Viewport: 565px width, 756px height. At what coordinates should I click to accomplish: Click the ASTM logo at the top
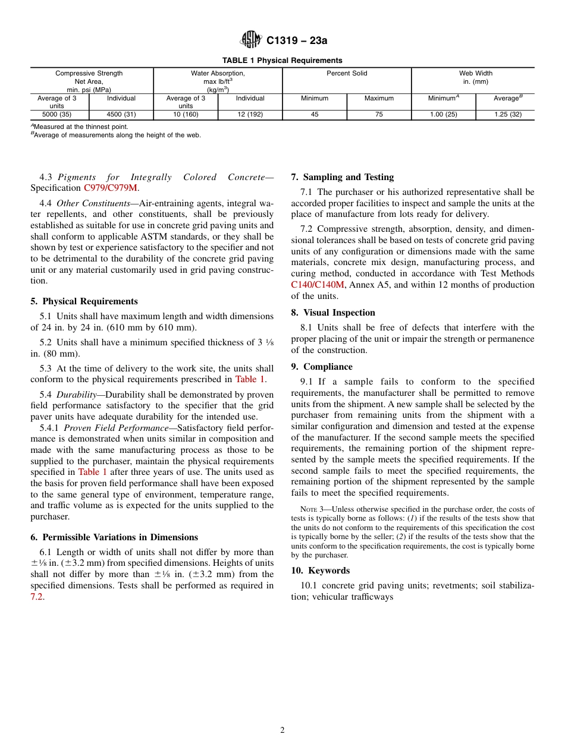(250, 40)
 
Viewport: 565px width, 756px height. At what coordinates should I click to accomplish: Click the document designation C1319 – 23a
(297, 40)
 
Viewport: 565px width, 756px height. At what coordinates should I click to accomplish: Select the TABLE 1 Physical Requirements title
(282, 61)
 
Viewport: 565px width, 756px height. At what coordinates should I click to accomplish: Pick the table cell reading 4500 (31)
(121, 115)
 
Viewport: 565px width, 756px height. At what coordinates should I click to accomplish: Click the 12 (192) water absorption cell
(250, 115)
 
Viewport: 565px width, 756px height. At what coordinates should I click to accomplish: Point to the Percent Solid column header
(347, 74)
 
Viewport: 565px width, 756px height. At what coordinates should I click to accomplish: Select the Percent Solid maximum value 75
(379, 115)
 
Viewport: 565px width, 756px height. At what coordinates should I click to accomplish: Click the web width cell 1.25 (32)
(507, 115)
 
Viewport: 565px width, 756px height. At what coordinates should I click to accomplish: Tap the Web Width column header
(475, 74)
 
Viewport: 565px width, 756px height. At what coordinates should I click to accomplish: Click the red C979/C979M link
(111, 188)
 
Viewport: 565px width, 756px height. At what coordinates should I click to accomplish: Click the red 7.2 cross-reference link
(37, 597)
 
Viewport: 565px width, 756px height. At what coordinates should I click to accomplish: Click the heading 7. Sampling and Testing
(342, 177)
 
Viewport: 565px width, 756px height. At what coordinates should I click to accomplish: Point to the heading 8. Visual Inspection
(333, 313)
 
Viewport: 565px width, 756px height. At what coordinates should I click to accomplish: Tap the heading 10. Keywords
(320, 571)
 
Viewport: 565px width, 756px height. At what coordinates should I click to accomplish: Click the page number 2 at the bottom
(282, 730)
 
